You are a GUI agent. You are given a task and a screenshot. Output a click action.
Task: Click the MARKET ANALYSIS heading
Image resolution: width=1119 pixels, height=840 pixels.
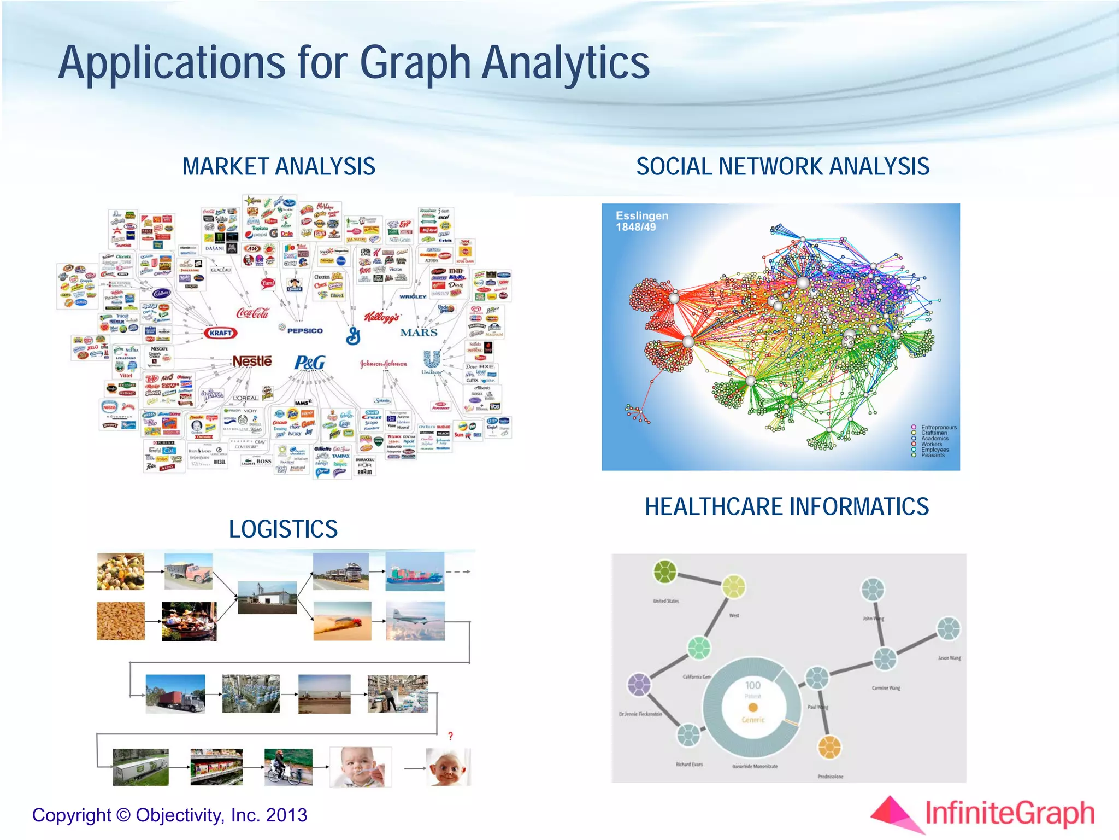pyautogui.click(x=279, y=166)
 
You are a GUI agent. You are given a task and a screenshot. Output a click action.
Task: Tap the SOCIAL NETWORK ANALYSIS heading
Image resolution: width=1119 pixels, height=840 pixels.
pyautogui.click(x=782, y=166)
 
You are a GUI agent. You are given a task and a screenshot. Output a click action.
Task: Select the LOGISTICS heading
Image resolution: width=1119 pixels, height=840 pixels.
pyautogui.click(x=283, y=529)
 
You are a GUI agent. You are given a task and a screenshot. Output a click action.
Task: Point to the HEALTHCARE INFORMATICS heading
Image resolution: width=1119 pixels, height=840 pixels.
pyautogui.click(x=787, y=506)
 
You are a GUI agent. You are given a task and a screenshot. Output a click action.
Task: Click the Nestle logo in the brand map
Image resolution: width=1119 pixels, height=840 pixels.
pyautogui.click(x=252, y=361)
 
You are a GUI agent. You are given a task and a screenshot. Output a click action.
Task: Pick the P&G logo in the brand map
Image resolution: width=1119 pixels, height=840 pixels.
pyautogui.click(x=310, y=363)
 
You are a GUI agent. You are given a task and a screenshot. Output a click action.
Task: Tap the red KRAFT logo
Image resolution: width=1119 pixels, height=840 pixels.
pyautogui.click(x=221, y=332)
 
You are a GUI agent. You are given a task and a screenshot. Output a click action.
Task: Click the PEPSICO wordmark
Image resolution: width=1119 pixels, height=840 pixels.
pyautogui.click(x=305, y=331)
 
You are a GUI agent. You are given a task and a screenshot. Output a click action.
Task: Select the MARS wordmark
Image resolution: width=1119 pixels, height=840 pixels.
pyautogui.click(x=419, y=332)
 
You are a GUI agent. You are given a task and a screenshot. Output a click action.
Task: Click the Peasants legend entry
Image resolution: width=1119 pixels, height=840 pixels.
pyautogui.click(x=933, y=455)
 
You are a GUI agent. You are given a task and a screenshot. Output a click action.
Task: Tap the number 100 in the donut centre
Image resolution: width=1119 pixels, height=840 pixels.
pyautogui.click(x=752, y=685)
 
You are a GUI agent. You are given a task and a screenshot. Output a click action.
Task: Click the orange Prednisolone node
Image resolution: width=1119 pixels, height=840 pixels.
pyautogui.click(x=829, y=747)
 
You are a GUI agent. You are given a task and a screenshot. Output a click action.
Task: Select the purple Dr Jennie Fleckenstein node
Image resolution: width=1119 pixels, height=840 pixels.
pyautogui.click(x=639, y=684)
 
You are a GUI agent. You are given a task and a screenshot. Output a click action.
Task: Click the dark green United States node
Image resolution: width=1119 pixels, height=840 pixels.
pyautogui.click(x=665, y=571)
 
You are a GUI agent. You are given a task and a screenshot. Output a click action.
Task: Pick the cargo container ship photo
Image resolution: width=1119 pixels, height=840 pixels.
pyautogui.click(x=415, y=571)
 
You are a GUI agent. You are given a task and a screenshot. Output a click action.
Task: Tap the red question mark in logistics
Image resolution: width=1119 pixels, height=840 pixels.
pyautogui.click(x=450, y=736)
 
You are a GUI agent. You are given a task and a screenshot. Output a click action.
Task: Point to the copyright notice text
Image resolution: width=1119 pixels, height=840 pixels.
pyautogui.click(x=169, y=815)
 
